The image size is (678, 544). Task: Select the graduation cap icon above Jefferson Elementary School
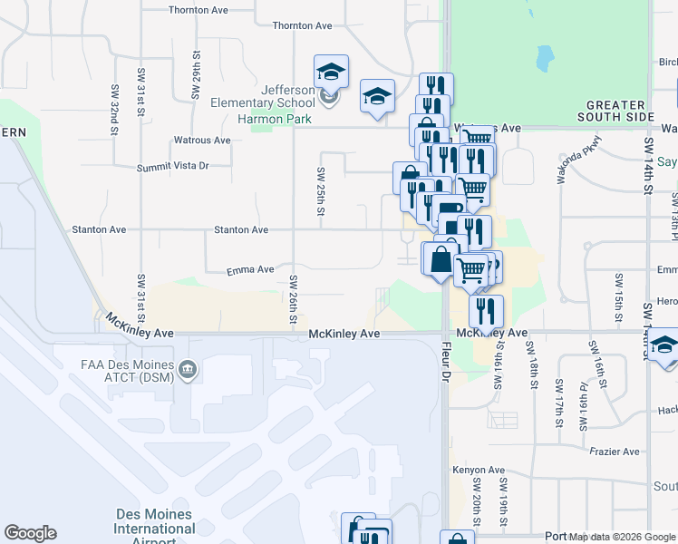click(x=332, y=73)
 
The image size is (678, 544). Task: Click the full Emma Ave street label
click(x=250, y=269)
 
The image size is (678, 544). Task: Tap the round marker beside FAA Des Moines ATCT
click(x=188, y=368)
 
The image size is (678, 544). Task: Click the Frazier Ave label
click(x=615, y=452)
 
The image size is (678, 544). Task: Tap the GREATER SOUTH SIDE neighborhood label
click(x=615, y=111)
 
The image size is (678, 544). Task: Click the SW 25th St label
click(x=320, y=190)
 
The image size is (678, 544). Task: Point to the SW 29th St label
click(x=196, y=80)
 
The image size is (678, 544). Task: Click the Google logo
click(x=30, y=533)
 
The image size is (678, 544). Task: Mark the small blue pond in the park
click(x=544, y=60)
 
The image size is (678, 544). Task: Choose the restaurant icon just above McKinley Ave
click(x=487, y=311)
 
